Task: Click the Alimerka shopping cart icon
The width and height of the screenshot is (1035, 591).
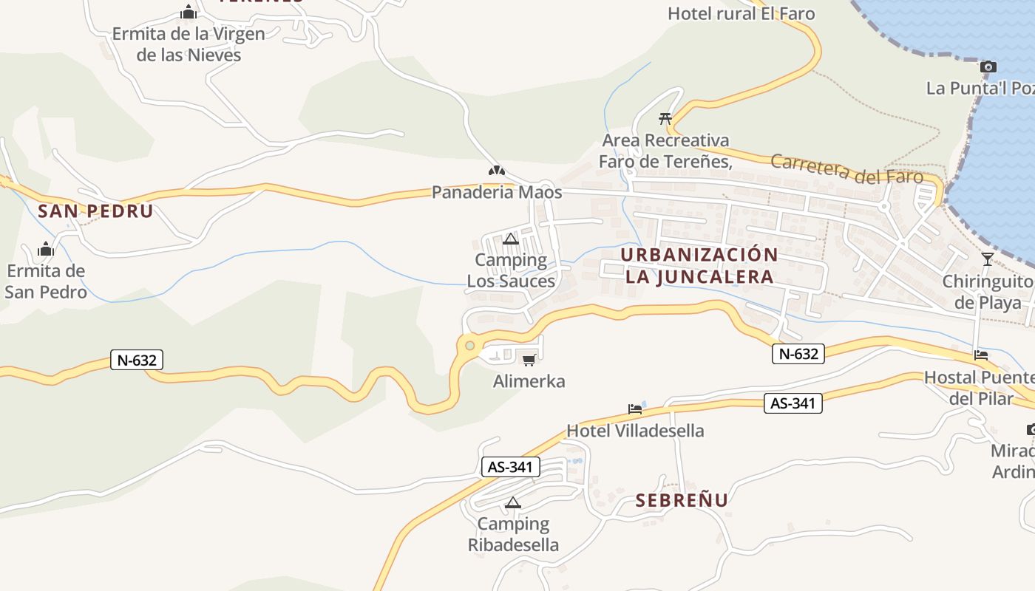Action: pos(529,360)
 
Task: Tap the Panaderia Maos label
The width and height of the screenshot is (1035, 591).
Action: pos(497,193)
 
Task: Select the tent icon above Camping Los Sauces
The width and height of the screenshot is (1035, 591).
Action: pos(510,239)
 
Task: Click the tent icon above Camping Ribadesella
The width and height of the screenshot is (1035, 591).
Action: pos(512,503)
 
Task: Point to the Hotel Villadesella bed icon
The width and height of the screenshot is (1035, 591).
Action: pos(634,409)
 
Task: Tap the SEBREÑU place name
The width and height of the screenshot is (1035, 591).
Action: pos(682,500)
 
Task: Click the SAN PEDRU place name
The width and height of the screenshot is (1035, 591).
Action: pos(95,211)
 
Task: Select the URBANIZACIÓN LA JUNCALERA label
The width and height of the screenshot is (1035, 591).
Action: pos(699,266)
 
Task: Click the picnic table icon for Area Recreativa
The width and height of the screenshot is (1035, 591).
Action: pos(665,118)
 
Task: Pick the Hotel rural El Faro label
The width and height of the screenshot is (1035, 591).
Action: pos(741,13)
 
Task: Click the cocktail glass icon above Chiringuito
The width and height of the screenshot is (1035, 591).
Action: pos(988,259)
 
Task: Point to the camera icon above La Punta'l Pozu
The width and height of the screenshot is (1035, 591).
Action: pos(988,67)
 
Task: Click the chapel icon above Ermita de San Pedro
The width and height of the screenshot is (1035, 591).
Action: pos(46,249)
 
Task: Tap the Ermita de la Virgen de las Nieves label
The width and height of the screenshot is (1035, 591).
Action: pos(189,44)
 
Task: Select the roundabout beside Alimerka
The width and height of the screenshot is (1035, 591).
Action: pos(469,345)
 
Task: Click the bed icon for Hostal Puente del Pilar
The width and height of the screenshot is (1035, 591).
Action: pos(981,355)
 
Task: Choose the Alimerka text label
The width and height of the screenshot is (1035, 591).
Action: pos(529,381)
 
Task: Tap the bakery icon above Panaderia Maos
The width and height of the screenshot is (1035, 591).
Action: pos(496,171)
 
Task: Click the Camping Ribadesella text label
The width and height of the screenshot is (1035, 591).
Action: pos(513,535)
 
